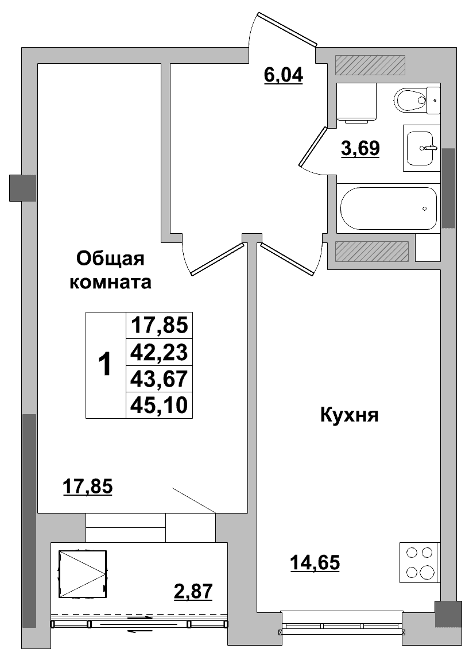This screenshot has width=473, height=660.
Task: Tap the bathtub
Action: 389,209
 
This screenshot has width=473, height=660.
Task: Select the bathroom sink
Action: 420,148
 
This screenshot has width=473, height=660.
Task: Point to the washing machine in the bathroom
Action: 356,103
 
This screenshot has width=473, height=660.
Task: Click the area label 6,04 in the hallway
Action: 283,75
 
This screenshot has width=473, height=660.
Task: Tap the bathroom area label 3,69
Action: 360,149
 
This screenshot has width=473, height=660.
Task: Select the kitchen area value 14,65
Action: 315,563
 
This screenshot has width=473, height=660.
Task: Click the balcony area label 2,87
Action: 193,590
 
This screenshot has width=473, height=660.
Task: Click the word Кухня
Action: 349,415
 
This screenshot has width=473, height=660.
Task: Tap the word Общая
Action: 110,259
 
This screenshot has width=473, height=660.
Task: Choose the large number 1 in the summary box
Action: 105,365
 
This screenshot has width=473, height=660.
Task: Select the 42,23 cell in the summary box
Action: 159,352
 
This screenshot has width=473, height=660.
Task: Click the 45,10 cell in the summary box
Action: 159,406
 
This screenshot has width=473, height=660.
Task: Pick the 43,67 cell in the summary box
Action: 159,379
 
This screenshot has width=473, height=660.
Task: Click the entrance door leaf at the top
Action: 286,29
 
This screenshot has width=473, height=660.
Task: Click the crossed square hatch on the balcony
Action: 83,574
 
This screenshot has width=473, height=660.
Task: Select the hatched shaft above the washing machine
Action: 370,65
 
